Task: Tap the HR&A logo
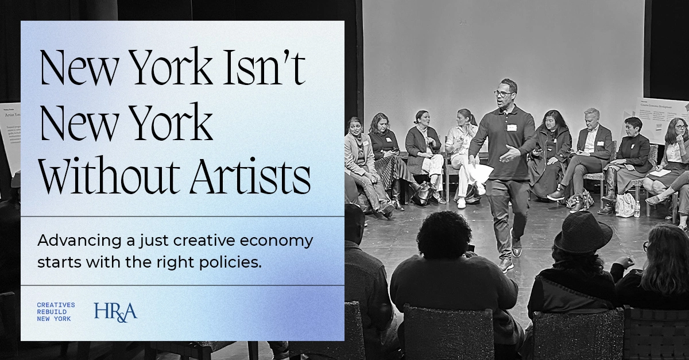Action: point(116,311)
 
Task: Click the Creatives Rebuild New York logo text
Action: point(56,312)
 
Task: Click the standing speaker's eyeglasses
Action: point(504,94)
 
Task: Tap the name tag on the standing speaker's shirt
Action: point(512,127)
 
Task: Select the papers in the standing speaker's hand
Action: point(481,172)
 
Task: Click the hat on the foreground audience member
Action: point(582,232)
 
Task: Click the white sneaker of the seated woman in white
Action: point(460,203)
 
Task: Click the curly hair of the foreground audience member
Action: point(444,234)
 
